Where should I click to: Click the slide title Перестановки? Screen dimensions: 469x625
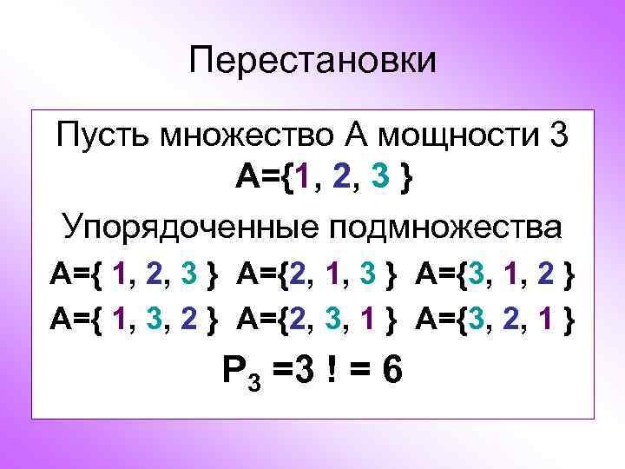312,61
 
